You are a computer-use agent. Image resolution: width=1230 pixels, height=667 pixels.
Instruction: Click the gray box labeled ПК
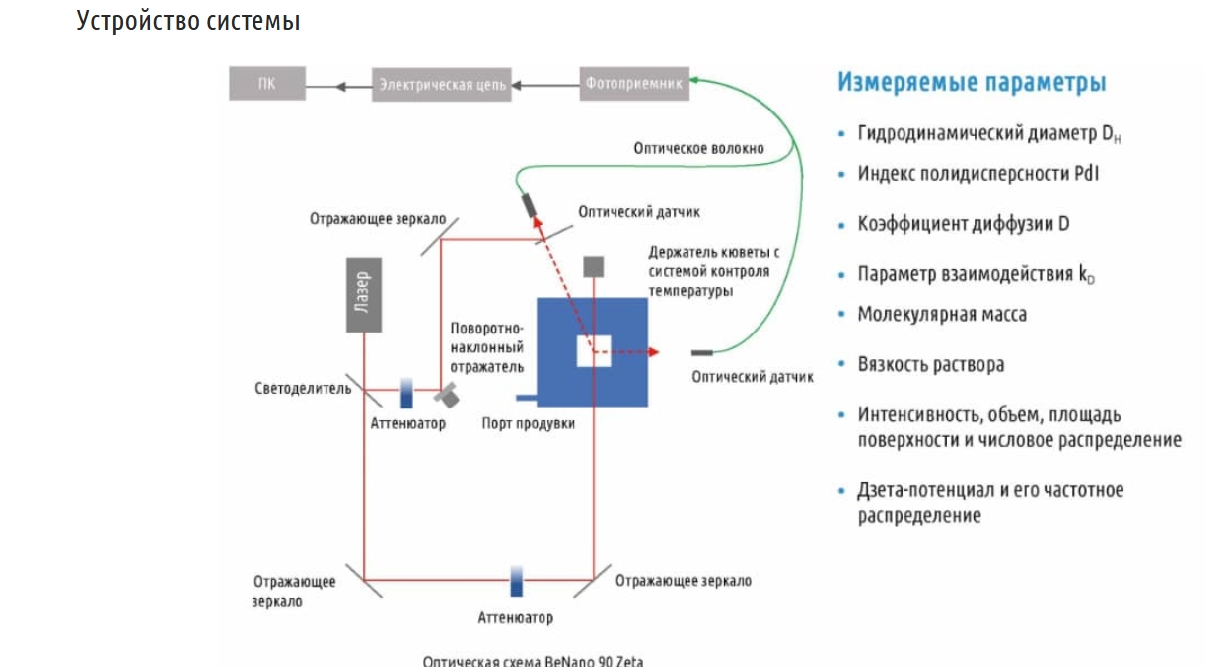(267, 84)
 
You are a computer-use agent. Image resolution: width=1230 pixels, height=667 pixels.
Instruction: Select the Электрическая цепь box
(443, 85)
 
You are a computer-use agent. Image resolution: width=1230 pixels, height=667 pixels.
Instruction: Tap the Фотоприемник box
(634, 83)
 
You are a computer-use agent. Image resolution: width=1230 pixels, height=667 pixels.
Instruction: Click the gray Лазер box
(365, 295)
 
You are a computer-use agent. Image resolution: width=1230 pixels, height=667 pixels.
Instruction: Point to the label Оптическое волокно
(698, 148)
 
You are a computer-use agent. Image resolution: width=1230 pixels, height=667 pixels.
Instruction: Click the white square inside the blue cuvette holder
(594, 351)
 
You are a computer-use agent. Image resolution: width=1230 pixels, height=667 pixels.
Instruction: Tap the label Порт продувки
(529, 424)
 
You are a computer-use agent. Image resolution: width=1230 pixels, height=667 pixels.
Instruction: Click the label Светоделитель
(303, 388)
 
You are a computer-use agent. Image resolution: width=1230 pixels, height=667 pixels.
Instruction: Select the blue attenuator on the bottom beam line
(516, 581)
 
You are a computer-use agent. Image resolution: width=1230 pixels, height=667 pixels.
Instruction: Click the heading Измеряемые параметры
(972, 82)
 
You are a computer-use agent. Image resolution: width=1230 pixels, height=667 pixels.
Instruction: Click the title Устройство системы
(187, 20)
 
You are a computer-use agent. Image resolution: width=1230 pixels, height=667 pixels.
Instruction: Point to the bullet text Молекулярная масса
(942, 314)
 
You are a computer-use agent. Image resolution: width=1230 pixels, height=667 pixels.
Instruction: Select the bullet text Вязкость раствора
(931, 364)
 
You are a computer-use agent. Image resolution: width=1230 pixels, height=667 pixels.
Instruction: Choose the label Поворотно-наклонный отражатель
(487, 347)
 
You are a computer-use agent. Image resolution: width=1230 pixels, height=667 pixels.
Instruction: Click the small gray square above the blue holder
(594, 266)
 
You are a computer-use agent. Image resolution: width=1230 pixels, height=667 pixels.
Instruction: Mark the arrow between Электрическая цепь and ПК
(338, 86)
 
